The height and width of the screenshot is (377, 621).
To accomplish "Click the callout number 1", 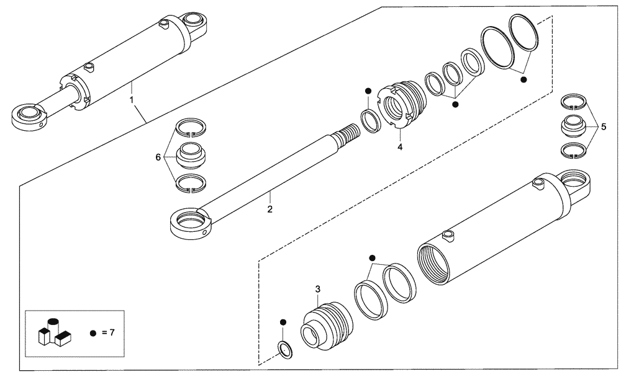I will pos(131,99).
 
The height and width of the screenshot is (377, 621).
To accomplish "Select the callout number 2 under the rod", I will pos(270,210).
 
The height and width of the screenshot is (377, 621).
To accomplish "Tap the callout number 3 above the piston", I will pos(317,289).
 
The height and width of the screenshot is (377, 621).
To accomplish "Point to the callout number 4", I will pos(400,147).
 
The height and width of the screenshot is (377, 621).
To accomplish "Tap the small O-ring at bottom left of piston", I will pos(284,350).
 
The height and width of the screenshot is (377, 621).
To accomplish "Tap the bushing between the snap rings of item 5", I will pos(573,126).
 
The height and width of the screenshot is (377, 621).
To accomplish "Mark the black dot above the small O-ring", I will pos(283,322).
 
